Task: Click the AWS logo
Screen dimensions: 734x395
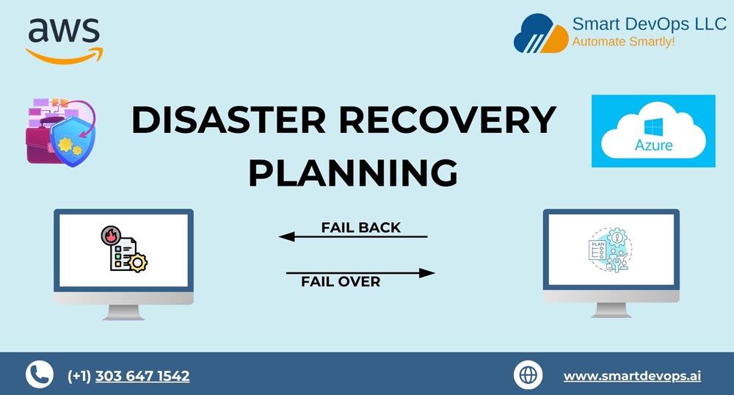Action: pos(64,40)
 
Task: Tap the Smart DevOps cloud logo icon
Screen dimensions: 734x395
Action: pos(541,34)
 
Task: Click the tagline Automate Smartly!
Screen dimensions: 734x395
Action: pos(623,42)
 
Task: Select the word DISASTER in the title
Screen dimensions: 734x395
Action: pos(229,120)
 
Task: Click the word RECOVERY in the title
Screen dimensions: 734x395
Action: pos(448,120)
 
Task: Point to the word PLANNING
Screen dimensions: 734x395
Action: pos(353,173)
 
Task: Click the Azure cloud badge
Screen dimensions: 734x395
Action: pos(653,131)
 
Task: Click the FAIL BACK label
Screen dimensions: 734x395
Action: pos(361,228)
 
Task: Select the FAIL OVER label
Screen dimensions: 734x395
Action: pos(341,282)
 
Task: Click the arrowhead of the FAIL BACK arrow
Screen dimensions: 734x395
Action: pos(286,237)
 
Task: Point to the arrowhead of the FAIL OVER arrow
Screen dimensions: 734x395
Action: pos(427,273)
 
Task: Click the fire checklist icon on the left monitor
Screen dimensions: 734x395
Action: pos(124,249)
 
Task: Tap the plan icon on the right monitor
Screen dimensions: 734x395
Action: pos(611,250)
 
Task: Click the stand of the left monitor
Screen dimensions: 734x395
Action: pos(123,312)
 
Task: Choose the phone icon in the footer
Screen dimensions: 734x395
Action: pos(40,374)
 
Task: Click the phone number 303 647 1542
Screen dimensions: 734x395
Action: pos(142,376)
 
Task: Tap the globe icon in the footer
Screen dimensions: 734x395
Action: pos(528,375)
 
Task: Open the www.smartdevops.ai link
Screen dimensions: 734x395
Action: pos(633,376)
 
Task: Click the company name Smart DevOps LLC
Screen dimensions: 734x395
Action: pos(650,24)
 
